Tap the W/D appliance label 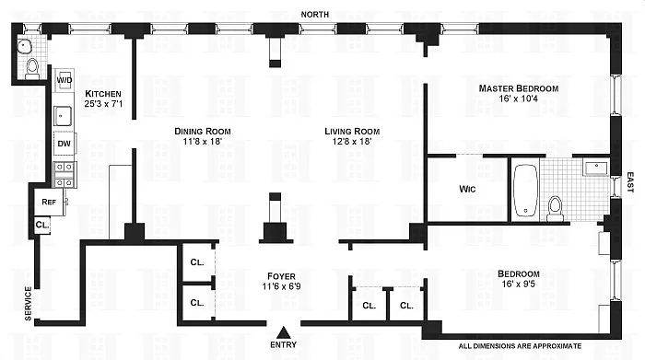click(x=65, y=80)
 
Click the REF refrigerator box click(x=48, y=202)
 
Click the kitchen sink click(x=64, y=115)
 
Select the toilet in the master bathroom click(x=556, y=207)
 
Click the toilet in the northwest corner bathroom click(x=32, y=65)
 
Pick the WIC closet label click(x=467, y=191)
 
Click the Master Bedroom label click(x=518, y=88)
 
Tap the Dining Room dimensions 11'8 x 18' click(x=203, y=144)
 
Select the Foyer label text click(x=281, y=273)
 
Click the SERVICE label click(x=29, y=305)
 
